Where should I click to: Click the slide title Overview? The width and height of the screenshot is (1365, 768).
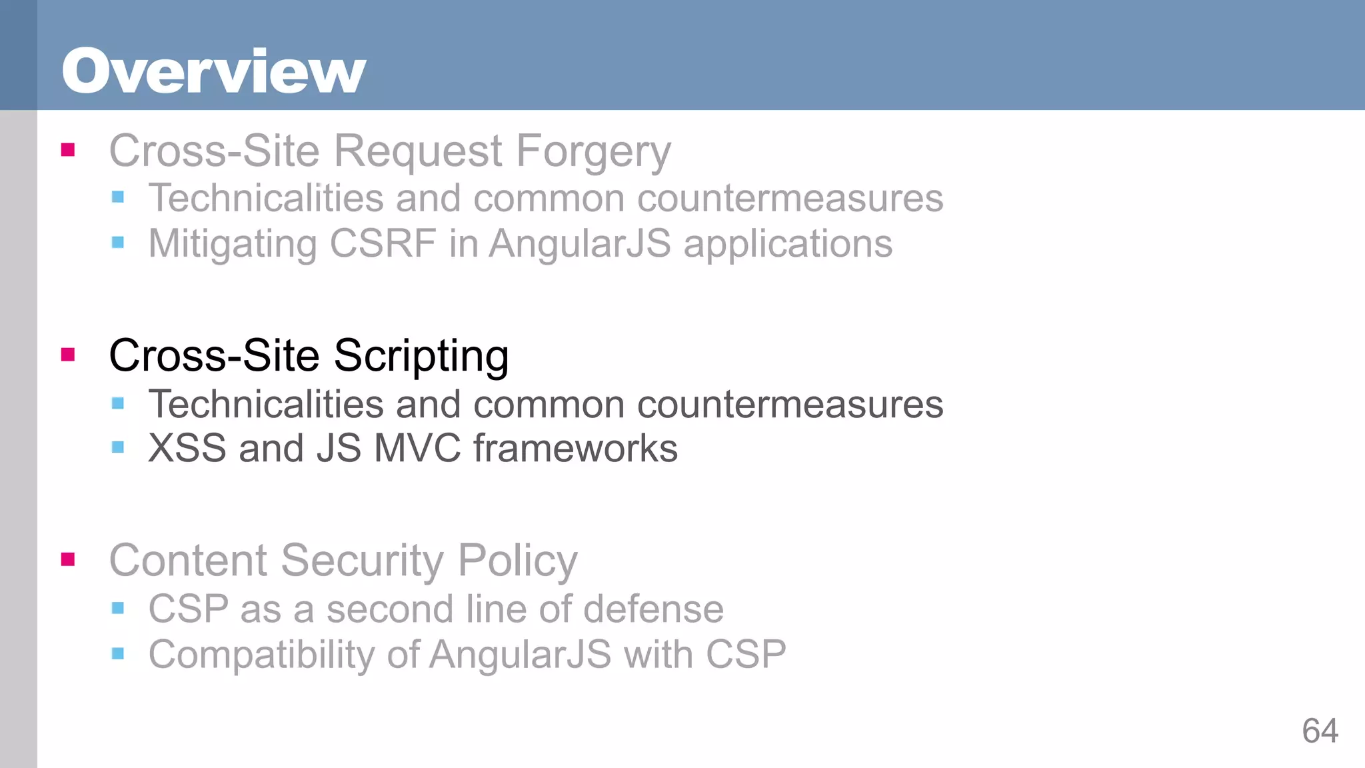pos(214,71)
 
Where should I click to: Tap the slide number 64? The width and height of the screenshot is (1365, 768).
pos(1320,731)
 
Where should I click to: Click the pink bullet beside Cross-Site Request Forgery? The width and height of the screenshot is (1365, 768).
pos(68,149)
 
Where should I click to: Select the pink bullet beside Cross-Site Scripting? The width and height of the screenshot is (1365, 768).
pos(68,354)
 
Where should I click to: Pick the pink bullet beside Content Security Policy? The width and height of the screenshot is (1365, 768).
pos(68,559)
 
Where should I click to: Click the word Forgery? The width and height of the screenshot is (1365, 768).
pos(593,152)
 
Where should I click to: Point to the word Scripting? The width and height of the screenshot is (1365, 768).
pos(421,357)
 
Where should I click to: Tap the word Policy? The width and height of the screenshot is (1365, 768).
pos(517,561)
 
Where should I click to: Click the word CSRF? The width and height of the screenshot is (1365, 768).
pos(383,243)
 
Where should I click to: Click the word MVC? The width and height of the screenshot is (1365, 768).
pos(417,448)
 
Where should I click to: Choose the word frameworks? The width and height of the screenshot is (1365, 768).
pos(575,448)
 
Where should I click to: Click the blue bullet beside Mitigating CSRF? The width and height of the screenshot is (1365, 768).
pos(118,242)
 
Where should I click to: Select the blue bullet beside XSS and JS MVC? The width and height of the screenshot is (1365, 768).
pos(118,447)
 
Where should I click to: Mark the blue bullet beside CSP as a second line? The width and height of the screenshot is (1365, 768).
pos(118,607)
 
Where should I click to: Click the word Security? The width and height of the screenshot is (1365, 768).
pos(362,561)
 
